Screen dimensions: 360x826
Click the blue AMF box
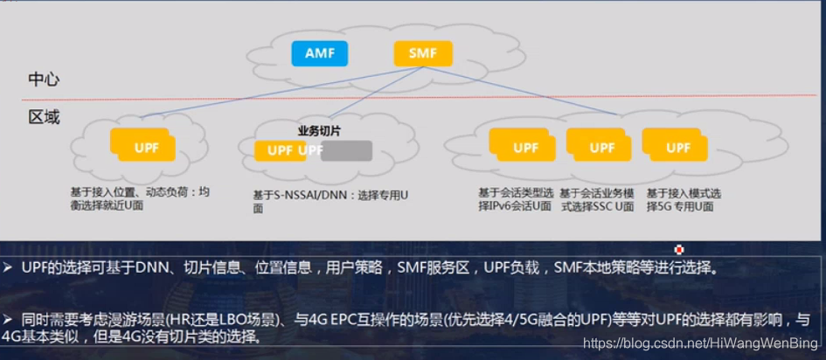(x=319, y=53)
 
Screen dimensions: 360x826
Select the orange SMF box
(x=423, y=53)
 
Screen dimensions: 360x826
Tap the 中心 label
(x=44, y=80)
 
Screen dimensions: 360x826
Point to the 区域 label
(x=44, y=116)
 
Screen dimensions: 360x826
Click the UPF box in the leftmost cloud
(x=146, y=147)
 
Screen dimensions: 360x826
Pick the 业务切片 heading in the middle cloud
(x=319, y=130)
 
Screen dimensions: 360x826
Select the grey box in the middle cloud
(x=346, y=150)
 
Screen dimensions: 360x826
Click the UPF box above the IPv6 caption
(x=524, y=147)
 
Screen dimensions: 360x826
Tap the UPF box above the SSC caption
(x=601, y=147)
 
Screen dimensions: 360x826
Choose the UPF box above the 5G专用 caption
(x=678, y=147)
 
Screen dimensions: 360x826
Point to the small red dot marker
(x=679, y=250)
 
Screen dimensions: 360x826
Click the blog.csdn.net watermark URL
(x=699, y=343)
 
